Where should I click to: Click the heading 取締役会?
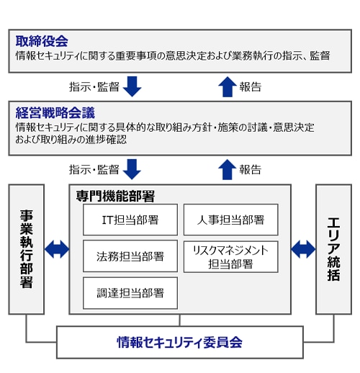pos(42,41)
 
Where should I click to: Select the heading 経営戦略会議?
pos(55,113)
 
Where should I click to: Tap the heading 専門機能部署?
pos(115,197)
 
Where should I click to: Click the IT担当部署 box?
pos(130,220)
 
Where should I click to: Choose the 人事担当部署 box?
pos(231,220)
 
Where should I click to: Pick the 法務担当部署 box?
pos(130,256)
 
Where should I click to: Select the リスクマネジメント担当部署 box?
pos(231,257)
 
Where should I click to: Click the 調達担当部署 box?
pos(130,293)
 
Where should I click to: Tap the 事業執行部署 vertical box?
pos(27,249)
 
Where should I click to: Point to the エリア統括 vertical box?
pos(333,249)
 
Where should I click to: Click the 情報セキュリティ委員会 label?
pos(179,342)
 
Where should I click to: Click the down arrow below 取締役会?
pos(132,86)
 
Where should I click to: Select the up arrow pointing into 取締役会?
pos(228,87)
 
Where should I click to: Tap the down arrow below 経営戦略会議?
pos(132,169)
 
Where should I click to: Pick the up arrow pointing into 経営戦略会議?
pos(228,169)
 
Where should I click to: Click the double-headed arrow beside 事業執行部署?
pos(57,249)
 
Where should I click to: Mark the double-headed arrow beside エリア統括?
pos(303,249)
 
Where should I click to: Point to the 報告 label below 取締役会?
pos(251,87)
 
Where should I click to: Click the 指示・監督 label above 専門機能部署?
pos(94,169)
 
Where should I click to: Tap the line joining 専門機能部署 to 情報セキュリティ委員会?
pos(179,320)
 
